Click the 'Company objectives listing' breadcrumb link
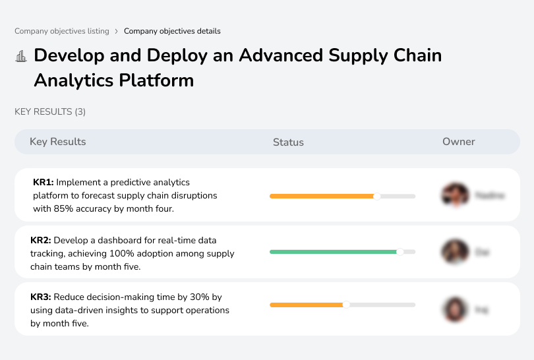tap(62, 31)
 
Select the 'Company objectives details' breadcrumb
tap(172, 31)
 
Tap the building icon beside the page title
tap(21, 56)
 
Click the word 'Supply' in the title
tap(354, 55)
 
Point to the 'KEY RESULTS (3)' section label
tap(50, 112)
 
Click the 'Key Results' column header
tap(57, 142)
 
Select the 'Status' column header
tap(288, 142)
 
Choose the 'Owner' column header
tap(459, 142)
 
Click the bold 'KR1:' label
tap(44, 183)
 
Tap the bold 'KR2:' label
tap(42, 240)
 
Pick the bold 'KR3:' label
tap(42, 297)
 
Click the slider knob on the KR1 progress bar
tap(377, 196)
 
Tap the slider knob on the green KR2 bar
tap(400, 252)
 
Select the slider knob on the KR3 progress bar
tap(346, 305)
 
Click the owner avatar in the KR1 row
tap(454, 195)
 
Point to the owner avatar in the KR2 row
tap(454, 252)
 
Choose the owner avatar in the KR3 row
tap(454, 309)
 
